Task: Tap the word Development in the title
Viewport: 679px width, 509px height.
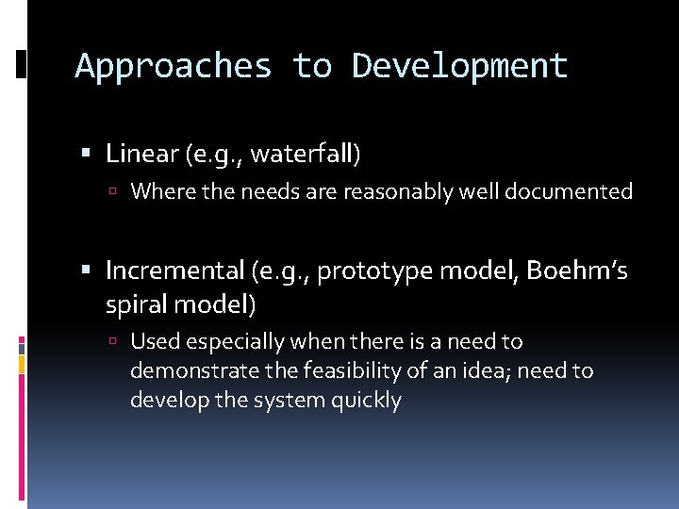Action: pos(460,67)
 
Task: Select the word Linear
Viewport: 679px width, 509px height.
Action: pos(141,153)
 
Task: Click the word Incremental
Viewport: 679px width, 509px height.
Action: pos(174,271)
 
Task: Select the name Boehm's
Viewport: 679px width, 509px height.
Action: pos(577,271)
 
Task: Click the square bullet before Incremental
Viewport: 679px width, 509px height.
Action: pos(87,271)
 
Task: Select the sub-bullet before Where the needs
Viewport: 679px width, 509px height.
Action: pos(113,192)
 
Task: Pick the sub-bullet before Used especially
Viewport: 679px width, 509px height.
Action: pos(113,341)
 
